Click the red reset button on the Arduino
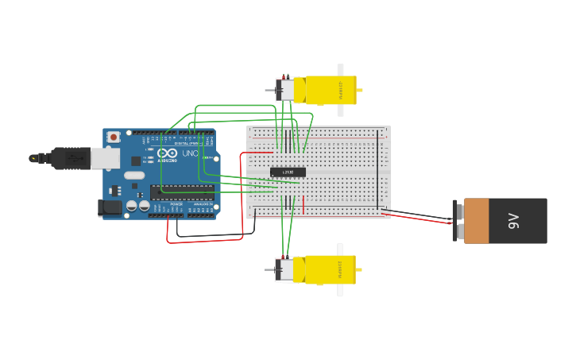click(114, 137)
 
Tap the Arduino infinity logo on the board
click(167, 153)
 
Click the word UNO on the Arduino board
click(190, 153)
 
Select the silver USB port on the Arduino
click(105, 158)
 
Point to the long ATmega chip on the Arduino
click(182, 192)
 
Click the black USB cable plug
click(72, 158)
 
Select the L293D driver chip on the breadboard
click(288, 172)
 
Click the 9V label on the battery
click(514, 221)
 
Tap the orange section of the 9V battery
click(477, 221)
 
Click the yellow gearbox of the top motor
click(330, 91)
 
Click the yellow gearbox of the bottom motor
click(330, 269)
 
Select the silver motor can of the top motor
click(284, 90)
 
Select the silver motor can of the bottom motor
click(284, 269)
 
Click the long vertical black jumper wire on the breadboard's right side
click(378, 171)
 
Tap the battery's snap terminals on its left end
click(457, 221)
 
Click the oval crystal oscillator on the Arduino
click(134, 175)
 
